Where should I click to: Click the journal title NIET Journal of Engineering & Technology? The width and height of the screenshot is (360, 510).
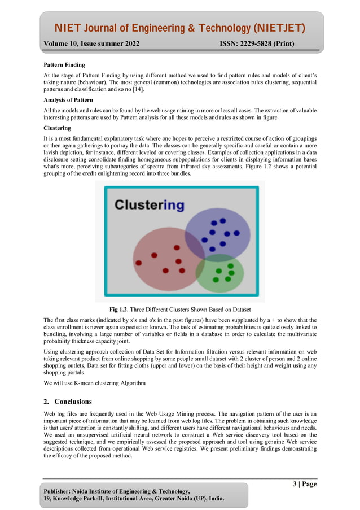coord(179,28)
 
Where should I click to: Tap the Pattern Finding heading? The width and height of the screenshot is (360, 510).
coord(64,65)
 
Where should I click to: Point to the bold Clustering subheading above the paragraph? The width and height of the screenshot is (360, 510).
coord(57,128)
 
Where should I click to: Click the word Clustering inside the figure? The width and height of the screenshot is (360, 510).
coord(149,205)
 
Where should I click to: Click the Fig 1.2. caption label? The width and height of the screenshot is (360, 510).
coord(118,310)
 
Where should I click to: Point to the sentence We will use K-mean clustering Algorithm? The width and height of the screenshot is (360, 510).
coord(94,383)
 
